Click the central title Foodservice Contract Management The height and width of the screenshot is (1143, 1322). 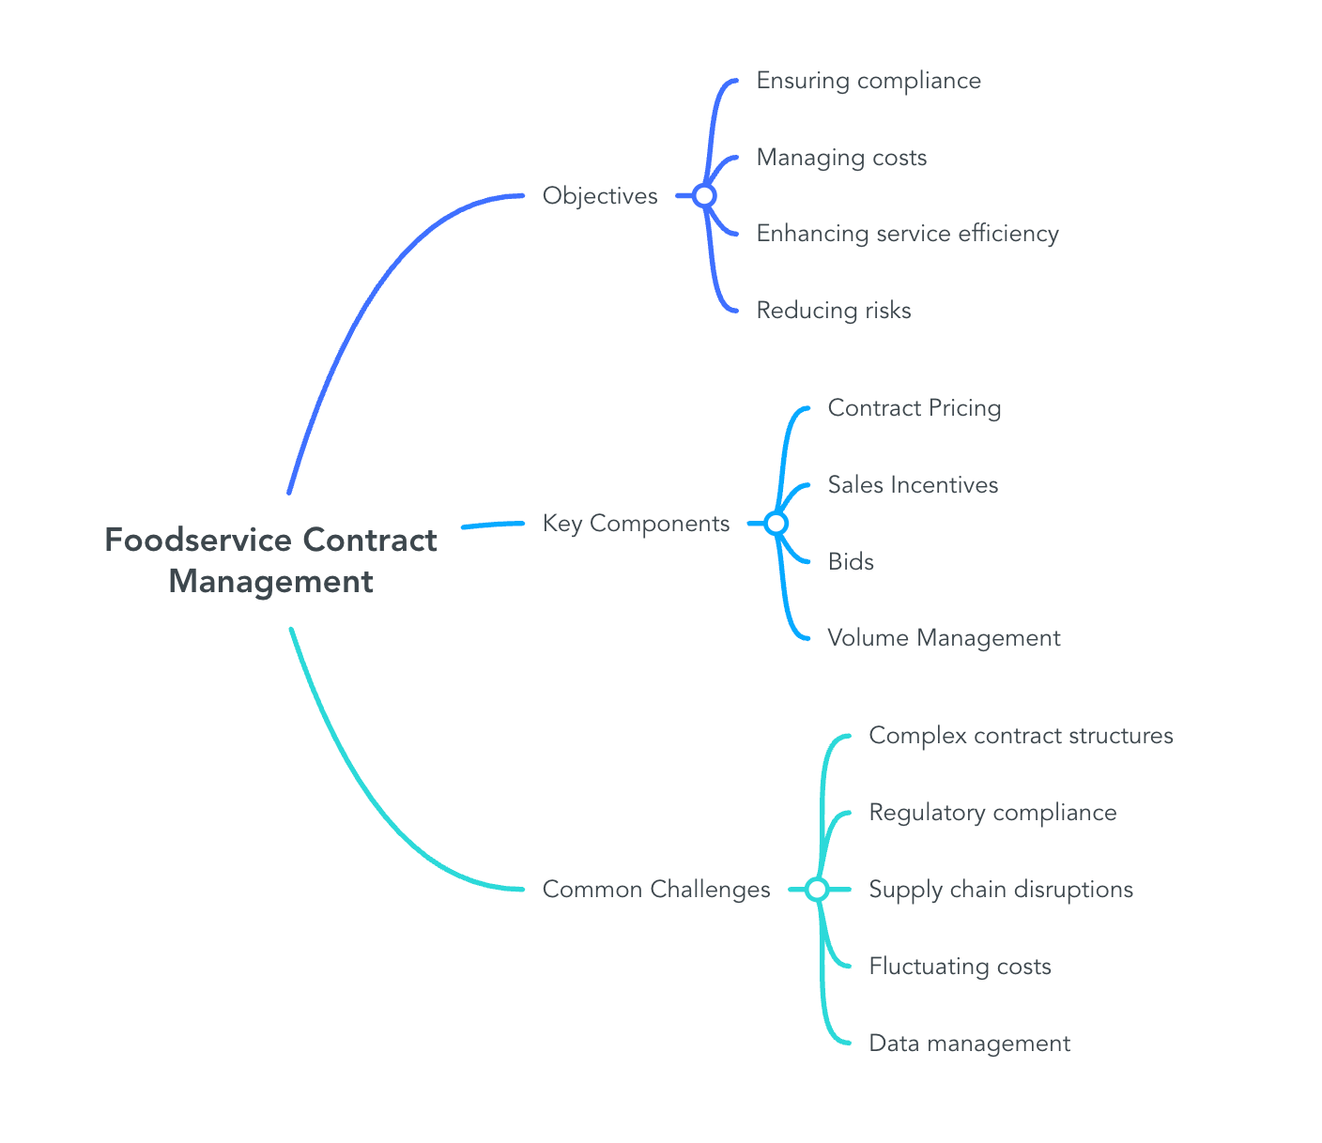tap(270, 560)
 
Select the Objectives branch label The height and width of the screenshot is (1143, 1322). tap(600, 195)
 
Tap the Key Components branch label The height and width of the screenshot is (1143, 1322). tap(636, 523)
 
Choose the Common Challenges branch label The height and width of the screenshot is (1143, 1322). tap(656, 889)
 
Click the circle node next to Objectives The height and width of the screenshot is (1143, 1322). tap(704, 195)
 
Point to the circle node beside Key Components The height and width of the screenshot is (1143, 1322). tap(776, 523)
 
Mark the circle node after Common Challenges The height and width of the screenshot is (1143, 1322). tap(817, 889)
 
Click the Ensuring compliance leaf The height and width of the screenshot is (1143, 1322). tap(869, 81)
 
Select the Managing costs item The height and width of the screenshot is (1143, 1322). tap(841, 157)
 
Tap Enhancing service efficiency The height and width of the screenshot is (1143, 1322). tap(907, 233)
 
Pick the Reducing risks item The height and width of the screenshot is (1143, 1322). tap(834, 310)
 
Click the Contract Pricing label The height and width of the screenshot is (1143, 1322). tap(915, 408)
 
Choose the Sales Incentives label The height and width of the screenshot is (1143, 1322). tap(913, 484)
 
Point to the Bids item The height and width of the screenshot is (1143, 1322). tap(851, 561)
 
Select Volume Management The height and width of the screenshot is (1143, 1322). tap(944, 638)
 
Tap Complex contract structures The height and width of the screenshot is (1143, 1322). tap(1021, 735)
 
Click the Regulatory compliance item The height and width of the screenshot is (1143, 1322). tap(992, 812)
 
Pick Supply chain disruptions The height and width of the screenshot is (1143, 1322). tap(1001, 889)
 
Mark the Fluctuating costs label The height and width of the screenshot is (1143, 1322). tap(960, 966)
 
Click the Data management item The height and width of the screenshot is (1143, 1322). tap(969, 1043)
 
